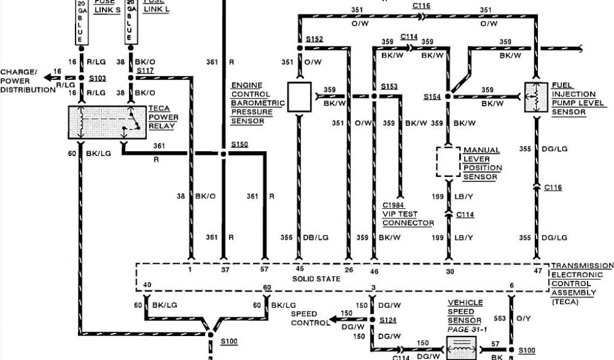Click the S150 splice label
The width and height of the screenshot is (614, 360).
[x=239, y=145]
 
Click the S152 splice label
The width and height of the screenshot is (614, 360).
[x=314, y=39]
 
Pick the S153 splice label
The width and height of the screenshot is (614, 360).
[x=389, y=86]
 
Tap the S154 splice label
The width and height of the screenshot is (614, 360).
[x=432, y=97]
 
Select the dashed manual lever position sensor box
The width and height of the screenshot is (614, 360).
[x=447, y=161]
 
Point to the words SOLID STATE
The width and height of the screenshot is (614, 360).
[x=316, y=279]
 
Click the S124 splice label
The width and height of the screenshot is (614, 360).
[x=389, y=321]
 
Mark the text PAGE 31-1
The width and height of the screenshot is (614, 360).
[x=465, y=329]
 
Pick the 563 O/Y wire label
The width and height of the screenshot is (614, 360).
[x=514, y=319]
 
